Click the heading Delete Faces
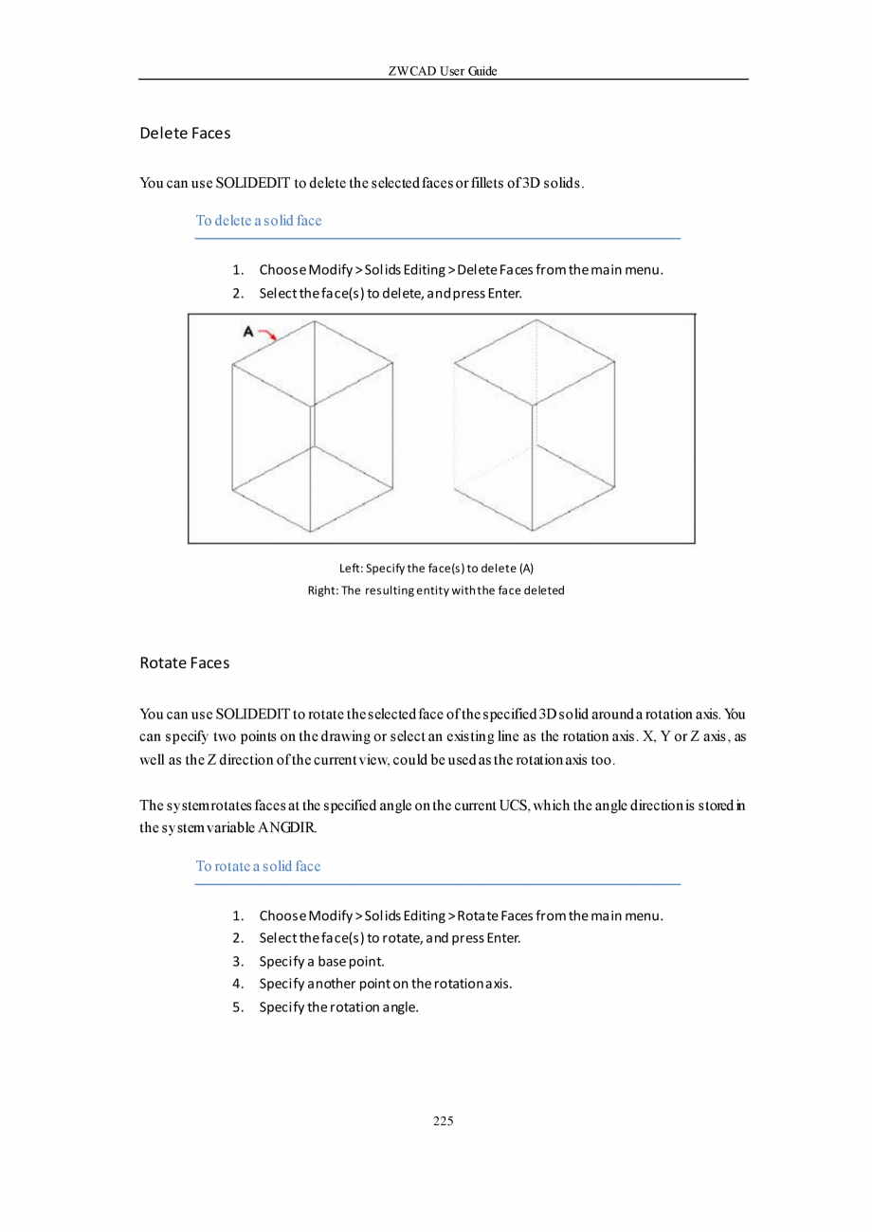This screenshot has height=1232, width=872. [185, 134]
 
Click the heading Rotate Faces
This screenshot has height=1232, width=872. [185, 663]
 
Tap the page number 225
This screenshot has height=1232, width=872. [443, 1121]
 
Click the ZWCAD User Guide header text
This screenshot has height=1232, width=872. [443, 71]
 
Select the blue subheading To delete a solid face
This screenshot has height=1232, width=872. [259, 221]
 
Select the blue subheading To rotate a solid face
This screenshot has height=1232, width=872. [259, 866]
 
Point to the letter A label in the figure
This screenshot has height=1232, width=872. [248, 332]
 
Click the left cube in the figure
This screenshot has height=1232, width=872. [313, 426]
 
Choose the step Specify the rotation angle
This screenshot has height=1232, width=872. [338, 1006]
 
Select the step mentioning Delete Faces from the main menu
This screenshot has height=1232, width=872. [460, 271]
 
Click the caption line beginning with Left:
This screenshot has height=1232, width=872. [436, 569]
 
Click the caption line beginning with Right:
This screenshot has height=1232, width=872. [436, 590]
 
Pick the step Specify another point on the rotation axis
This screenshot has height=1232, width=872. [386, 984]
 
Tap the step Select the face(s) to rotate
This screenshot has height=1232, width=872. [390, 938]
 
